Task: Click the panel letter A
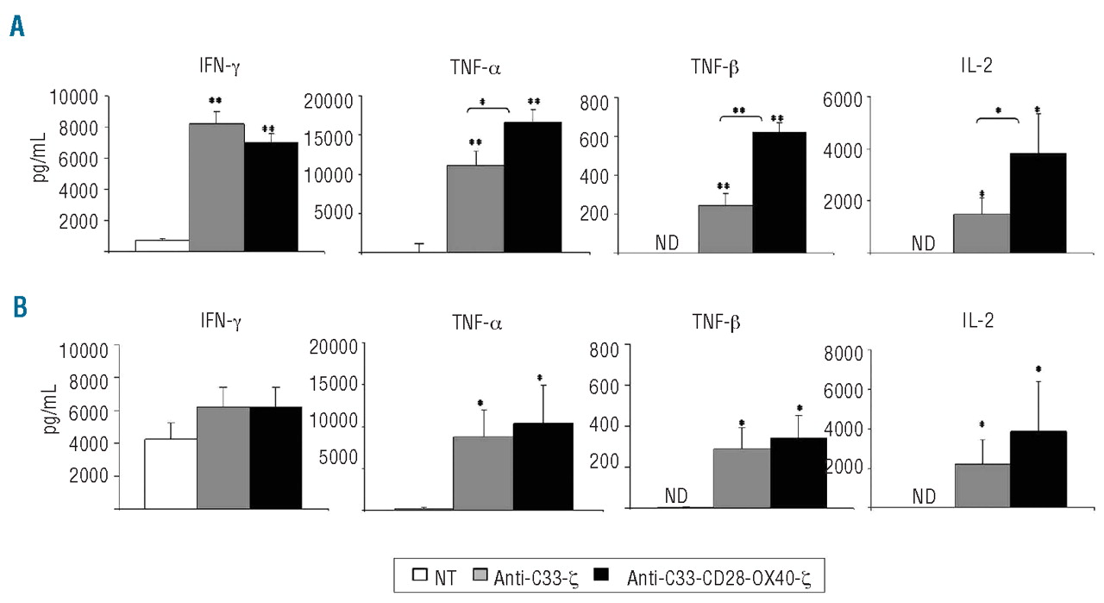[17, 28]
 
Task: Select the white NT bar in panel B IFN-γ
[170, 474]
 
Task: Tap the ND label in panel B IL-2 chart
[924, 496]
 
